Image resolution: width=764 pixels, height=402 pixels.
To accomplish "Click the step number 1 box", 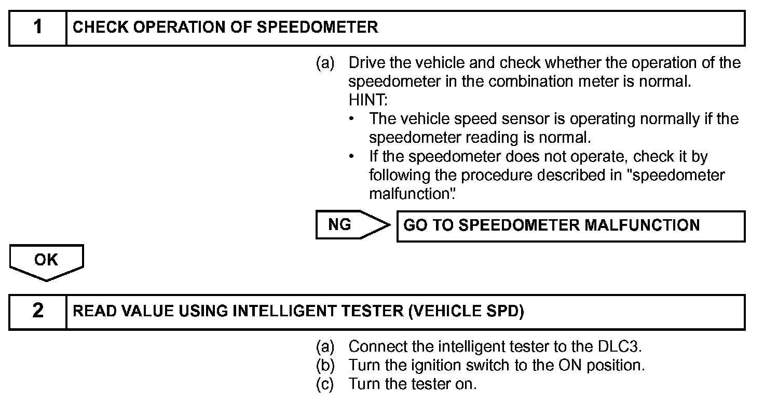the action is point(38,28).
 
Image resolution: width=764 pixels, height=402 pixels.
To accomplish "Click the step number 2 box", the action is point(38,311).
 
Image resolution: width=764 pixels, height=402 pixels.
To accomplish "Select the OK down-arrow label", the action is point(46,260).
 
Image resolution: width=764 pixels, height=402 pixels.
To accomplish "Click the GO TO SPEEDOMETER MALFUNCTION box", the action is point(570,226).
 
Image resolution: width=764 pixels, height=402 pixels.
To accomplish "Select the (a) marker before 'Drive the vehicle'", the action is point(325,63).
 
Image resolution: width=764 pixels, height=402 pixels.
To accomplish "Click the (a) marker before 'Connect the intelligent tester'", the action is point(325,346).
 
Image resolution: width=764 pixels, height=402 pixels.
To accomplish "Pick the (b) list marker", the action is point(325,365).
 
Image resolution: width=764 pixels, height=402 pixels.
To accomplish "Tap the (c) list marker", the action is point(325,384).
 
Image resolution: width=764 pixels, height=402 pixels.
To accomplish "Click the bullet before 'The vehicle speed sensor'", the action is point(352,118).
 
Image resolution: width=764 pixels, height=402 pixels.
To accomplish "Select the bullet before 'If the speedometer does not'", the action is point(352,156).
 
